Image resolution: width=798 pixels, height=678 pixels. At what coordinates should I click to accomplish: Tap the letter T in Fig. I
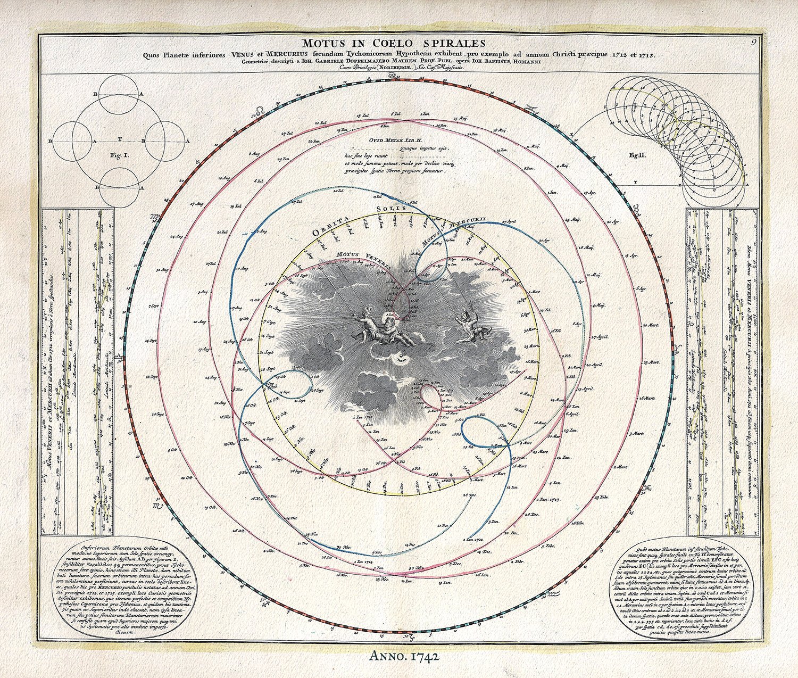(120, 138)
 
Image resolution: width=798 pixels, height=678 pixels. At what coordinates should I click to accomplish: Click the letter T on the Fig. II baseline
(636, 182)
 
